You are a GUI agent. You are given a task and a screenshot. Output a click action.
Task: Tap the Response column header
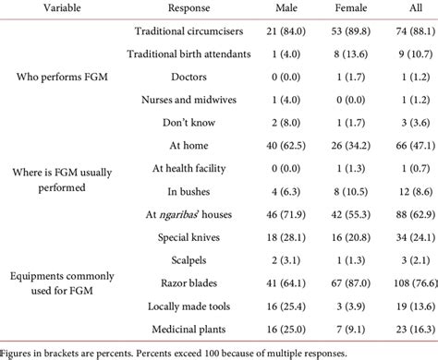point(186,8)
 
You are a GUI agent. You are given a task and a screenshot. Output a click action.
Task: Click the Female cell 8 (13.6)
point(340,55)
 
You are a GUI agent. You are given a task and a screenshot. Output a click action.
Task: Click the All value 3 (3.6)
point(403,122)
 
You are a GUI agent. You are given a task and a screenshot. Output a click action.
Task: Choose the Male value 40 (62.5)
point(274,145)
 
